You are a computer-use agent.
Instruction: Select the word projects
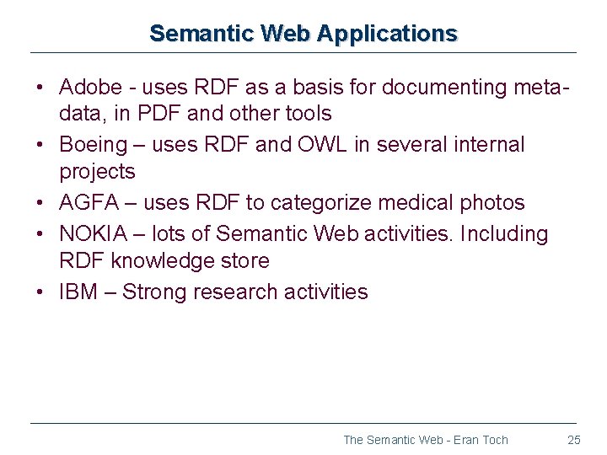[97, 172]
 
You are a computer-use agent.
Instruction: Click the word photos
[496, 203]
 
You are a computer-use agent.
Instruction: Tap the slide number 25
[574, 440]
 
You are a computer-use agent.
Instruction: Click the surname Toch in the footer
[494, 440]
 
